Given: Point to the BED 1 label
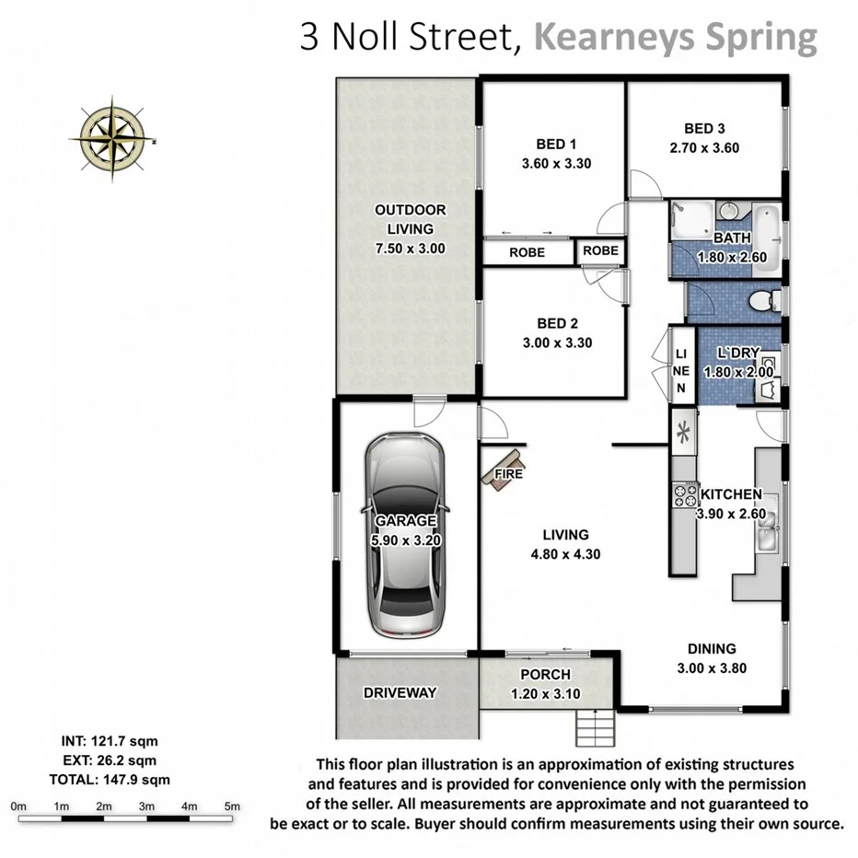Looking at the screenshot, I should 556,144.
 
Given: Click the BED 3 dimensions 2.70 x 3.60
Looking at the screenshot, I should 704,147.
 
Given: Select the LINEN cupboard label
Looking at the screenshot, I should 681,371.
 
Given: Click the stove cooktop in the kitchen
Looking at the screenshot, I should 685,496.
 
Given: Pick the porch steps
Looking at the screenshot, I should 594,729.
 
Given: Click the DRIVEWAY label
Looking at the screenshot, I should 399,692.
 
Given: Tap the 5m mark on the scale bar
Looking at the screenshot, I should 232,806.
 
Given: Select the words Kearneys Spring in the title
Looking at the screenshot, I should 677,38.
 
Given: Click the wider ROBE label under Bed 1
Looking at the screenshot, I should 527,251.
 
